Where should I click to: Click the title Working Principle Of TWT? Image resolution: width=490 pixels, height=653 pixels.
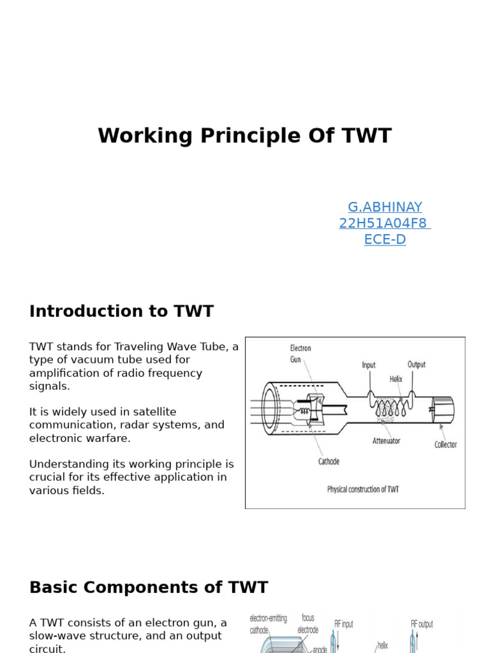tap(244, 136)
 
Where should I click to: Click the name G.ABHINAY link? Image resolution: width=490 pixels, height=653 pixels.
tap(385, 207)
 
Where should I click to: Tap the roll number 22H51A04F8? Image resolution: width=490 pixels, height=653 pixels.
tap(384, 223)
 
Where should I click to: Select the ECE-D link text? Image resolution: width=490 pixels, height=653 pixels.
tap(385, 240)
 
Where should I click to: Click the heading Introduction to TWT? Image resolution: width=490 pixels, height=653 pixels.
tap(121, 311)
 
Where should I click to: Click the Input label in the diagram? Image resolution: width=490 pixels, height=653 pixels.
tap(369, 365)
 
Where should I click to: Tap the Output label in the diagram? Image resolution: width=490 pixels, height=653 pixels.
tap(417, 365)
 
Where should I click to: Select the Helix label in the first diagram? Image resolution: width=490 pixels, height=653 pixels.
tap(396, 379)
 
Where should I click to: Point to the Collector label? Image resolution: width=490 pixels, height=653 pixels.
tap(445, 444)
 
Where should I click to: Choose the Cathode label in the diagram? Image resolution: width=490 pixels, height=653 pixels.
tap(329, 461)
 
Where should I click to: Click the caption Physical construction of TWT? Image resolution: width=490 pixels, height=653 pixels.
tap(362, 490)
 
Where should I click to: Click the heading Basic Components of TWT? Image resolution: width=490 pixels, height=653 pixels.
tap(149, 587)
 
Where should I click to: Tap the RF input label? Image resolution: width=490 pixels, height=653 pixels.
tap(344, 624)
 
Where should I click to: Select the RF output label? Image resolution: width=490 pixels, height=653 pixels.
tap(422, 624)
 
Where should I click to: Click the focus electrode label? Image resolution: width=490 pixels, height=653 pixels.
tap(308, 624)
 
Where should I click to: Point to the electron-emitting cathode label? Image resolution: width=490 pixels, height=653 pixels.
tap(268, 624)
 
